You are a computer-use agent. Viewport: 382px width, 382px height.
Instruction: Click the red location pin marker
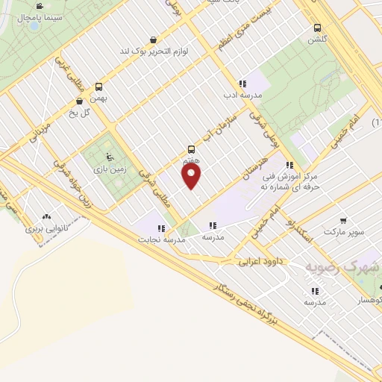click(192, 177)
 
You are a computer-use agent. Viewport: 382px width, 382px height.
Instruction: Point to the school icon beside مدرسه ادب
click(242, 84)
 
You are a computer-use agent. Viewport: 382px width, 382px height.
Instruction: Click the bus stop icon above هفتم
click(192, 149)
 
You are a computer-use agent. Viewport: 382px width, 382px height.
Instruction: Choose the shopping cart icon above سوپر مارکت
click(342, 221)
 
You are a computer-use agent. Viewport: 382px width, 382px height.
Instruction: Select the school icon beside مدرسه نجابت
click(160, 228)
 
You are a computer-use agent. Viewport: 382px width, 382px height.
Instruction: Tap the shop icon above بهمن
click(80, 101)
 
